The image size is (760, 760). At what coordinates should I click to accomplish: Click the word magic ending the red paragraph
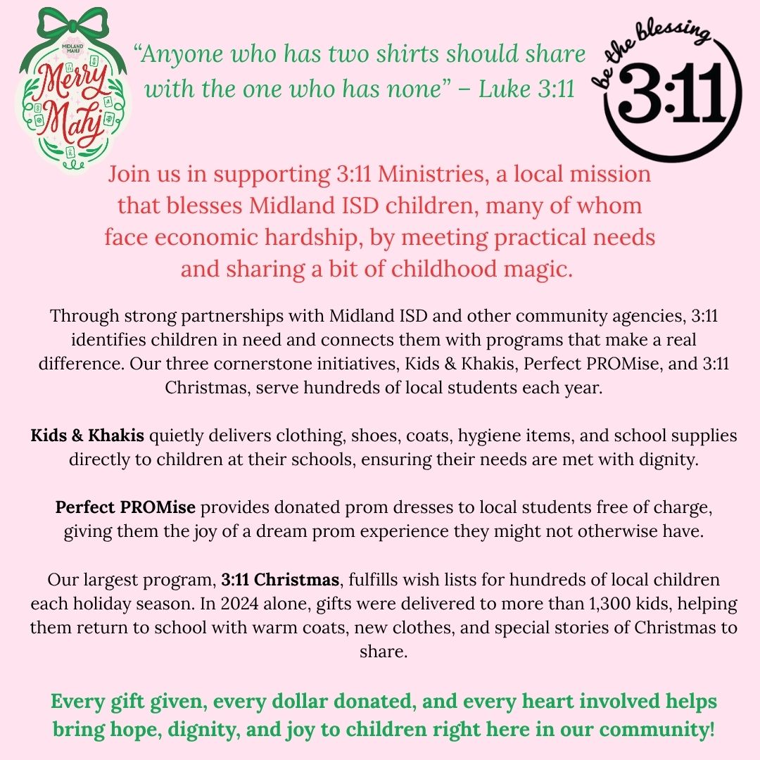point(533,270)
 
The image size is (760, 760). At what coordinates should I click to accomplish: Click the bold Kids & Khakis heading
point(87,436)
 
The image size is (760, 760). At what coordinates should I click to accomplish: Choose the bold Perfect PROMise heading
point(125,508)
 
